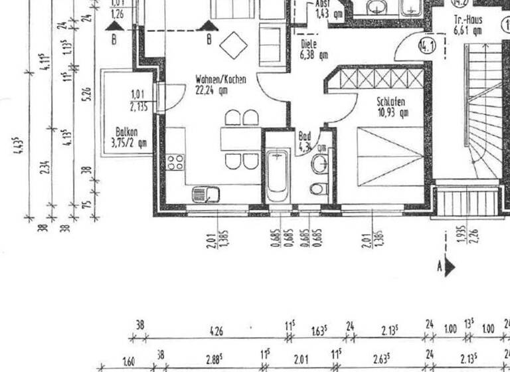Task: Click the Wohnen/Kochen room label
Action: point(220,79)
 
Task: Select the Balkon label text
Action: point(126,132)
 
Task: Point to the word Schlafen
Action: point(390,102)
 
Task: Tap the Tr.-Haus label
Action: point(467,21)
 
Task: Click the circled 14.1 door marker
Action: point(426,46)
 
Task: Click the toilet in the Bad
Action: point(319,188)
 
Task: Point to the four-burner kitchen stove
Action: point(175,161)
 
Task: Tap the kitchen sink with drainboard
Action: point(206,194)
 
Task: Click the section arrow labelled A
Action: point(450,267)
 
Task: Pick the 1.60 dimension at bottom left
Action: point(129,363)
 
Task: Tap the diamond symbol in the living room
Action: point(233,45)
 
